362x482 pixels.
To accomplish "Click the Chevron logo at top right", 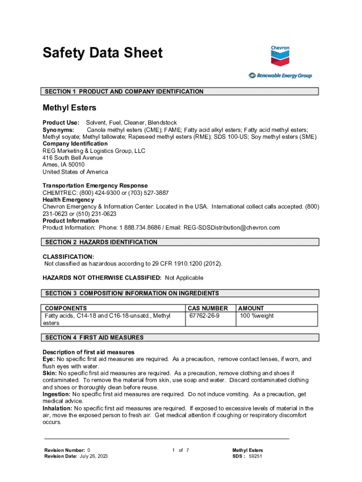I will click(280, 56).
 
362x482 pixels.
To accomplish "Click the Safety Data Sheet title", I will click(102, 53).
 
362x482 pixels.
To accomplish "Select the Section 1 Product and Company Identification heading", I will click(124, 91).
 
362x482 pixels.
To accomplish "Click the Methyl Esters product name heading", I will click(69, 108).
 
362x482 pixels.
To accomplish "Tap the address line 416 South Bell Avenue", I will click(72, 158).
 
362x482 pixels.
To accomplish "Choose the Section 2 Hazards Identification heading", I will click(101, 242).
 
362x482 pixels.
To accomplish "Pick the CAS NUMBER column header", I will click(207, 308).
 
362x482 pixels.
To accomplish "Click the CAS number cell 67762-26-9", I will click(204, 315).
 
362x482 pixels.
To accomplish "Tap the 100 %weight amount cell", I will click(257, 315).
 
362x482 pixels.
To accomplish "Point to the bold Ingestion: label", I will click(56, 394).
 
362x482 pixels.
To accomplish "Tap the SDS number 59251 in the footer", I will click(255, 456).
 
